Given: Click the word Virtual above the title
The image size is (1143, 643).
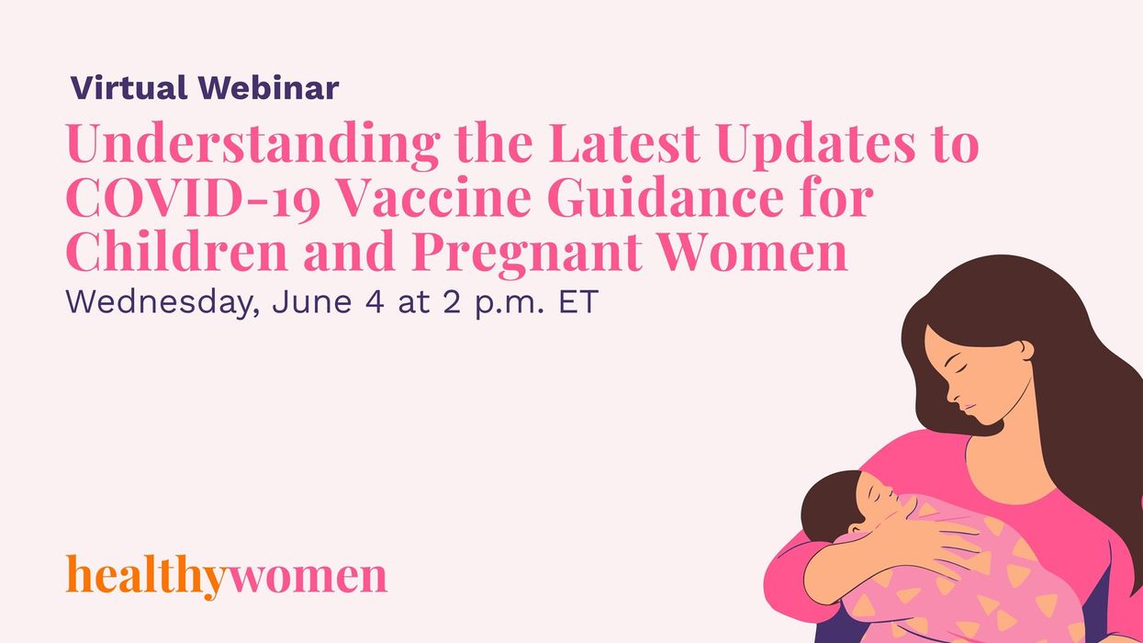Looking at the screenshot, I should click(x=129, y=88).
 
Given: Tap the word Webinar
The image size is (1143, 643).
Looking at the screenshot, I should click(x=268, y=88).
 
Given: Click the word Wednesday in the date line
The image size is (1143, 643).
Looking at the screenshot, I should click(x=148, y=303).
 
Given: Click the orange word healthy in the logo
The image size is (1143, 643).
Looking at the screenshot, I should click(x=146, y=577).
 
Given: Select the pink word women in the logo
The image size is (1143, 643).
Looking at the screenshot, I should click(x=308, y=577).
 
